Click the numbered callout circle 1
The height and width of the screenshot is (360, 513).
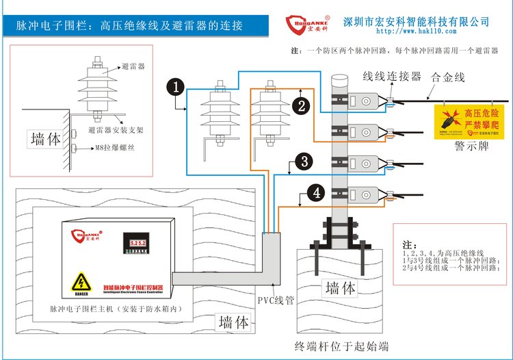point(176,87)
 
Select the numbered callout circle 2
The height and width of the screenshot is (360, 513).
point(300,105)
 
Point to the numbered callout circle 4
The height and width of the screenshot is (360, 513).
point(316,194)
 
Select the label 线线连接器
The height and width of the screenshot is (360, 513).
point(391,76)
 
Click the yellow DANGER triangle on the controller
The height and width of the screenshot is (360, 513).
point(83,281)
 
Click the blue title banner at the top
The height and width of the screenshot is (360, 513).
point(129,26)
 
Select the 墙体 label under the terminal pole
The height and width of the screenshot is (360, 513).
point(340,288)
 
